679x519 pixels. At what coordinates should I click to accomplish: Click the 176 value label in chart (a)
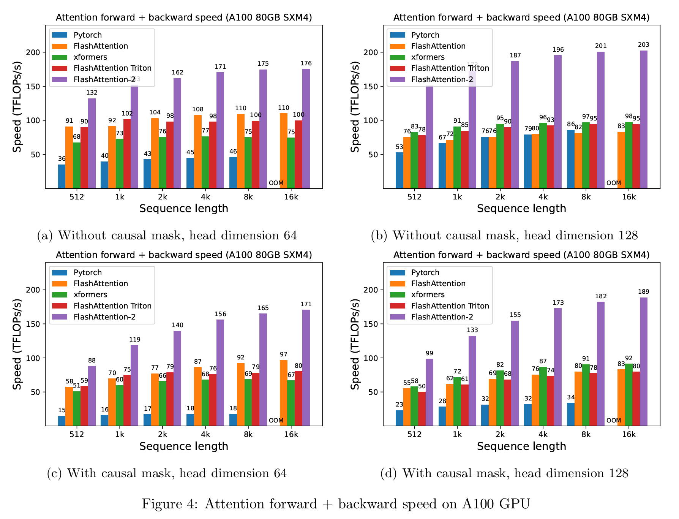pos(306,63)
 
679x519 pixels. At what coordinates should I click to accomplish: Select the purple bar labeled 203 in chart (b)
pos(643,120)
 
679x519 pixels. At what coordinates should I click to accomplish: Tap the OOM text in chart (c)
pos(276,420)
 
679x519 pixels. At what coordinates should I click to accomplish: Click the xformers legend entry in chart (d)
pos(428,294)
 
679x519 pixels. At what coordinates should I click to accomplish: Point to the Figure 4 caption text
pos(336,504)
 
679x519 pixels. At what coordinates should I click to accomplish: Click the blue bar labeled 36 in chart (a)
pos(62,176)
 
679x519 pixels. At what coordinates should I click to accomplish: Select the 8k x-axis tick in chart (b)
pos(586,197)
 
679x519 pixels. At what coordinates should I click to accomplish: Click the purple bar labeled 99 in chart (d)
pos(429,392)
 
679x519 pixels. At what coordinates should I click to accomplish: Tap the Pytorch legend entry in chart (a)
pos(87,35)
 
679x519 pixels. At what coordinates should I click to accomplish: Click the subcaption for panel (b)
pos(504,236)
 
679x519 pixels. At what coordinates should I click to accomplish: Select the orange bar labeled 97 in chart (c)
pos(284,393)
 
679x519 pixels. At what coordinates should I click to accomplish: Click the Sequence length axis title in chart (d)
pos(521,446)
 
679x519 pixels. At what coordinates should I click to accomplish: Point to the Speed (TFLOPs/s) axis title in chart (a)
pos(17,107)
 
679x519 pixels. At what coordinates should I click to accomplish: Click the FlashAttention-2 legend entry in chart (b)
pos(442,79)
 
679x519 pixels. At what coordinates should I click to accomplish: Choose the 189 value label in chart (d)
pos(644,292)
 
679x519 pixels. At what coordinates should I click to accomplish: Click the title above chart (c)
pos(184,255)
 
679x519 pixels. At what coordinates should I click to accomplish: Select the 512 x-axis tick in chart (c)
pos(77,434)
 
